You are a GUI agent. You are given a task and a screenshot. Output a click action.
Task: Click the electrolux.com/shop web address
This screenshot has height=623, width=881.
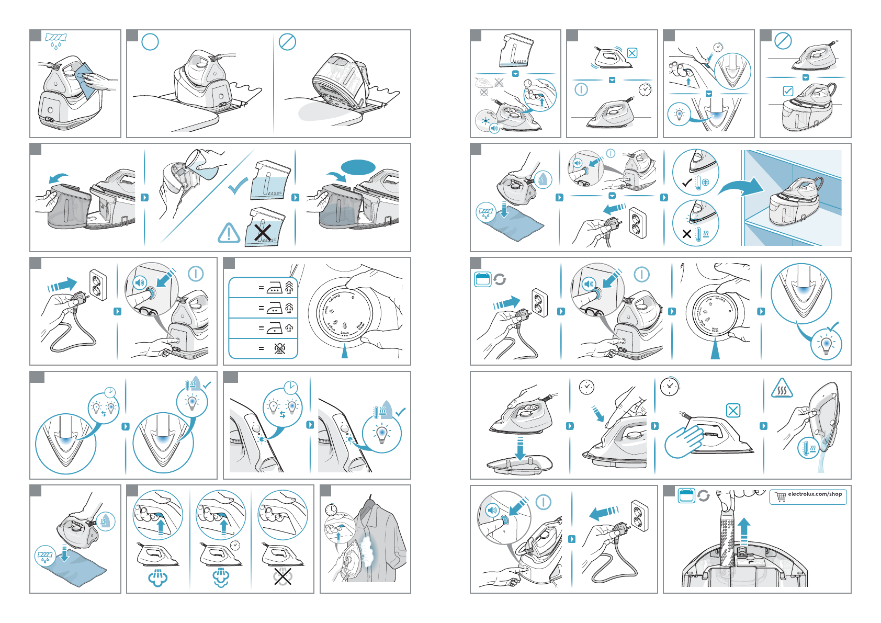click(815, 494)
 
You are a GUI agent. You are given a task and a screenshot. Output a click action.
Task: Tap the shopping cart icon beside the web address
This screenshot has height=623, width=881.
click(781, 496)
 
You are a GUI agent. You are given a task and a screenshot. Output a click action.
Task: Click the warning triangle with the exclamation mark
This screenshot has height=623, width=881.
click(229, 233)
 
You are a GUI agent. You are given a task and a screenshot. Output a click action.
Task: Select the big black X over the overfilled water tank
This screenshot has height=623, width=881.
click(262, 230)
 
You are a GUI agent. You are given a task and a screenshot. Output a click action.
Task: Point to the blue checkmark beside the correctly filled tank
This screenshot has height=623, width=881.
click(238, 185)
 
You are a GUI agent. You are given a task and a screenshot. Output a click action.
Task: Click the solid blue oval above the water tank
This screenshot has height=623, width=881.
click(358, 167)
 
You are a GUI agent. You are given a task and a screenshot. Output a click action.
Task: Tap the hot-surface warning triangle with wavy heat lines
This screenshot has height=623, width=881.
click(782, 389)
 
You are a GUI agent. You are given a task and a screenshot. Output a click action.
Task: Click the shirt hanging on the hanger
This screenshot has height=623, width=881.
click(379, 539)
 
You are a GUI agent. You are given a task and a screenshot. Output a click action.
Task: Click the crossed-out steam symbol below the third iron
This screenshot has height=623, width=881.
click(283, 576)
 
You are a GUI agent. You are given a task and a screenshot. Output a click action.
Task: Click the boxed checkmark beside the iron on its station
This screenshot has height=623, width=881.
click(787, 91)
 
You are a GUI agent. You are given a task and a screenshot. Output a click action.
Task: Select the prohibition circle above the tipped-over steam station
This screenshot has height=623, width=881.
click(287, 42)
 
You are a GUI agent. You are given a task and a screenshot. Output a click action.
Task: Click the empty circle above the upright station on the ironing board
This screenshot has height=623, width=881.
click(150, 42)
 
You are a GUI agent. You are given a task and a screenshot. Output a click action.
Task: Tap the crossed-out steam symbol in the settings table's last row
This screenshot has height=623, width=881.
click(280, 348)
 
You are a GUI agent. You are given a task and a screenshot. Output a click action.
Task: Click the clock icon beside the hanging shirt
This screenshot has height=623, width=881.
click(331, 509)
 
